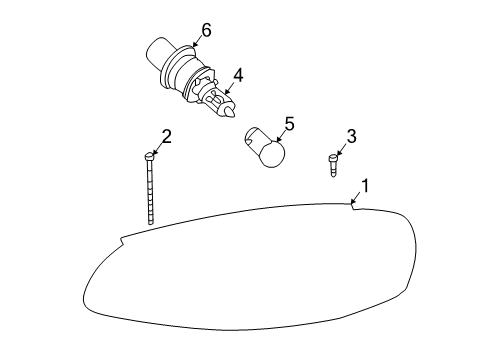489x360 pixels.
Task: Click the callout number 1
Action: pos(366,186)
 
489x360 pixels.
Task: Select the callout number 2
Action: pos(167,137)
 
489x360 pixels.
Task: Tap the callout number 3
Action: pos(351,136)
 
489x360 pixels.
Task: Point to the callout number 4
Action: pos(238,75)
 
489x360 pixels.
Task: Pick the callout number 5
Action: pos(289,124)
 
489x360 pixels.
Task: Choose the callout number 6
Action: pos(206,30)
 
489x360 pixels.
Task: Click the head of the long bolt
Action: pos(149,157)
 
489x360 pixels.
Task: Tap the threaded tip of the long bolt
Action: pos(151,221)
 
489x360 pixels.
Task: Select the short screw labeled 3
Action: pos(333,165)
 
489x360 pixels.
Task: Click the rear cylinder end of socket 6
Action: pos(156,52)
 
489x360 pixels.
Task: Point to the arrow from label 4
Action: pos(230,88)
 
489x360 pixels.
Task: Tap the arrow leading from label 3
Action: pos(342,150)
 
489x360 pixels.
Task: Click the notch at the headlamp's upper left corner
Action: pos(122,239)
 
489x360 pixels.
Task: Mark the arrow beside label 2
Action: pos(157,150)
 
